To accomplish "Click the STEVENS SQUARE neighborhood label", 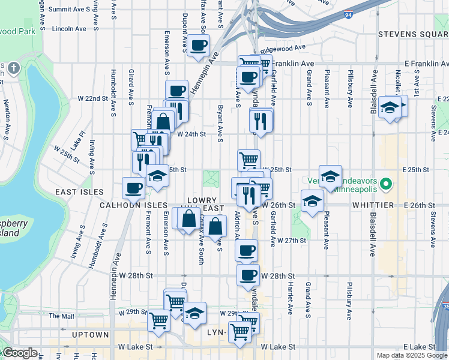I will pyautogui.click(x=414, y=34).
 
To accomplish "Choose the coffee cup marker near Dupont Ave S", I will pyautogui.click(x=198, y=45).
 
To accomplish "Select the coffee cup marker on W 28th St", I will pyautogui.click(x=247, y=275).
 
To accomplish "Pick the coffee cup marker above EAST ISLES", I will pyautogui.click(x=133, y=187).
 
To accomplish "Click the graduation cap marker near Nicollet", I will pyautogui.click(x=390, y=109).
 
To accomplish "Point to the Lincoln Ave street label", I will pyautogui.click(x=70, y=28).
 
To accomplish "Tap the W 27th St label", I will pyautogui.click(x=292, y=240).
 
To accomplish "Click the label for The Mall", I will pyautogui.click(x=61, y=316).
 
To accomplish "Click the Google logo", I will pyautogui.click(x=20, y=353).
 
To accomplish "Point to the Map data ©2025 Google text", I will pyautogui.click(x=412, y=355).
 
